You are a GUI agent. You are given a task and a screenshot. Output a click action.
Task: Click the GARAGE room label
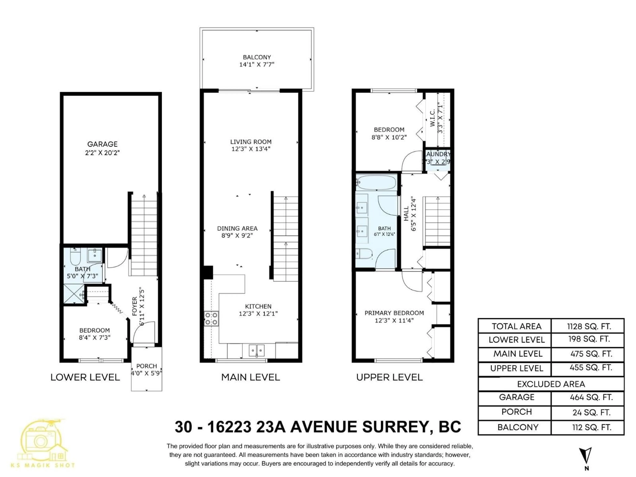pos(102,144)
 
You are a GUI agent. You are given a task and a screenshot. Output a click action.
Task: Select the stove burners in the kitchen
pos(211,318)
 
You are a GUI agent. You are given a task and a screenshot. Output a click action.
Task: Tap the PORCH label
pos(147,366)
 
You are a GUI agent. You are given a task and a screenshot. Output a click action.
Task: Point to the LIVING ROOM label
pos(251,142)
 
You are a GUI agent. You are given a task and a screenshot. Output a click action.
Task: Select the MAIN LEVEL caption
pos(250,377)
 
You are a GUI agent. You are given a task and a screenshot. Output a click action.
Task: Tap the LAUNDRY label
pos(438,154)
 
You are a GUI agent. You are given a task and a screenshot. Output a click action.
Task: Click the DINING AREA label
pos(237,228)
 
